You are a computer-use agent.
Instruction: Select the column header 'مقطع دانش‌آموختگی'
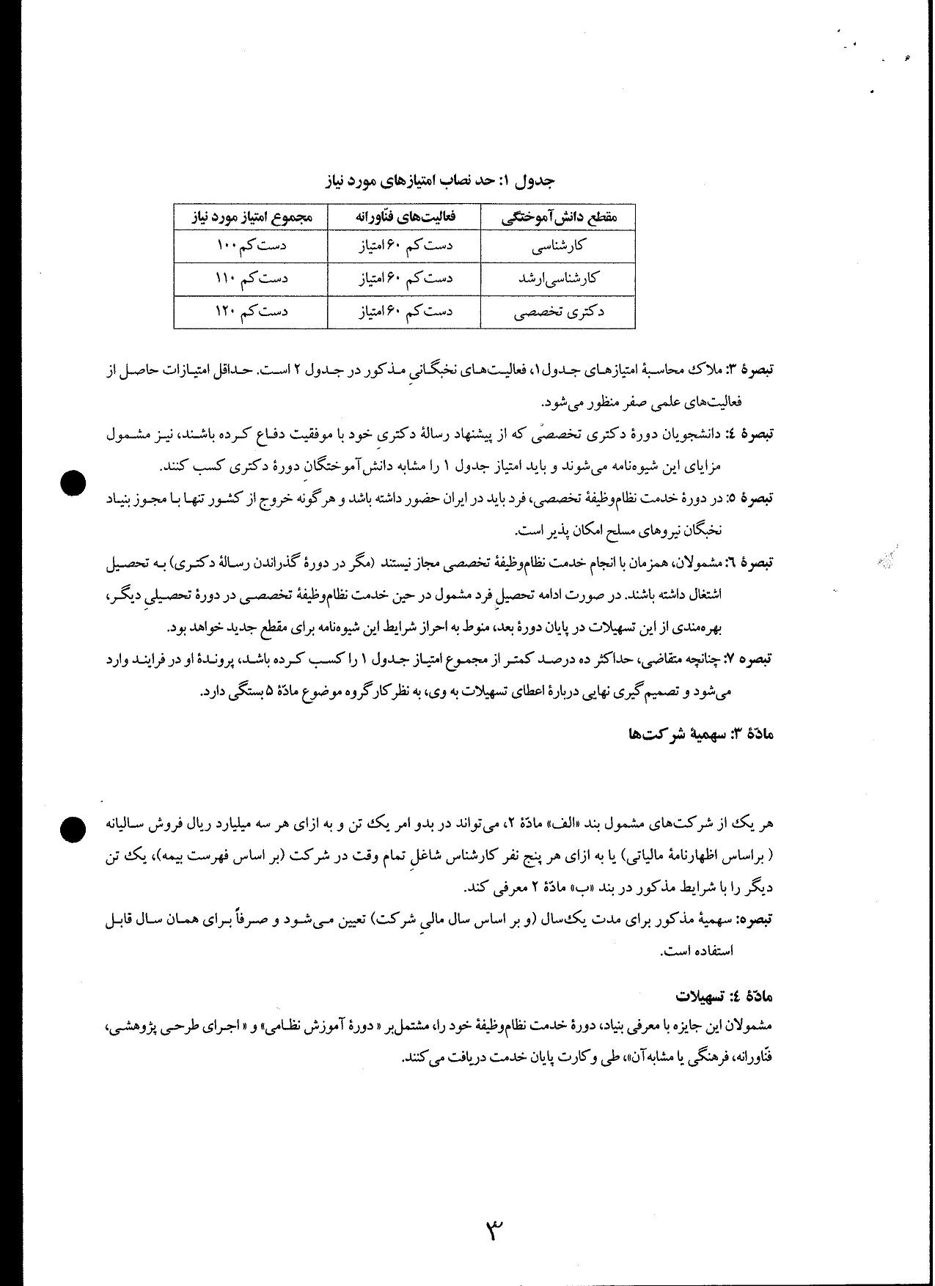pyautogui.click(x=558, y=218)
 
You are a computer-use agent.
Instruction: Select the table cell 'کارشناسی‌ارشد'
pyautogui.click(x=558, y=278)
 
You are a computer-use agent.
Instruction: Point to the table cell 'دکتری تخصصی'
pyautogui.click(x=558, y=311)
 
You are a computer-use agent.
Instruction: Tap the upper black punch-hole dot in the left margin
pyautogui.click(x=73, y=483)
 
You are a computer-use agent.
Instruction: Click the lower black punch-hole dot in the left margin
pyautogui.click(x=73, y=828)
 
